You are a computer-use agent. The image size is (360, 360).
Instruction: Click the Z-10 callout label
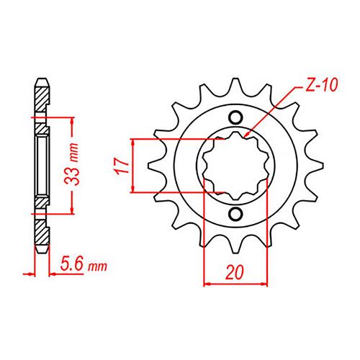pos(322,85)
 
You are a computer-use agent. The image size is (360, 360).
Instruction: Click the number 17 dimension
pos(122,166)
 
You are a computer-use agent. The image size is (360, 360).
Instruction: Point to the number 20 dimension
pos(235,272)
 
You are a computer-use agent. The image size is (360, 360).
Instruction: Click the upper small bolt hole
pos(235,117)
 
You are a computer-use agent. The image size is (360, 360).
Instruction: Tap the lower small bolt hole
pos(235,215)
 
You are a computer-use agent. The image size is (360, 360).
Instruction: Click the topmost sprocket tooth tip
pos(235,78)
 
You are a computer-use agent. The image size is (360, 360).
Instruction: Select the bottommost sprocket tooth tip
pos(235,253)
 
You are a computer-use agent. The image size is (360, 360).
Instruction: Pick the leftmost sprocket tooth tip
pos(148,166)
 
